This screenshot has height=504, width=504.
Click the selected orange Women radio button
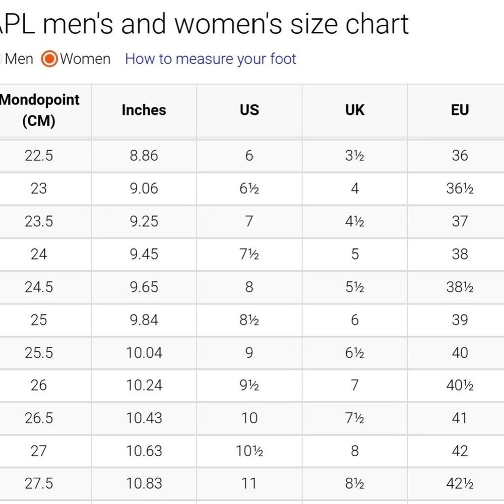[x=49, y=59]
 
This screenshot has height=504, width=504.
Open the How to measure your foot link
[x=211, y=59]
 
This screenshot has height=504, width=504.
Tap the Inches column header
[x=144, y=110]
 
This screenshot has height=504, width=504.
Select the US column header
[x=249, y=110]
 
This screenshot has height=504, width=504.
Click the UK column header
[x=355, y=110]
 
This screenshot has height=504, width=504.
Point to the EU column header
[x=460, y=110]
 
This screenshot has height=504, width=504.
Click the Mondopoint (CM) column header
[x=39, y=110]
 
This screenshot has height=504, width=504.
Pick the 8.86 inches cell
[x=144, y=156]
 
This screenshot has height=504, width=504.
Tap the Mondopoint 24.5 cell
[x=39, y=287]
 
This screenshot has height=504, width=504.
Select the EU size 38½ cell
[x=460, y=287]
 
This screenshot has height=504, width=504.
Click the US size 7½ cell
[x=249, y=254]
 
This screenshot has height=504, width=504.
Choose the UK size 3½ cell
[x=355, y=156]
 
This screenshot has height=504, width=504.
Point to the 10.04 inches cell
[x=144, y=353]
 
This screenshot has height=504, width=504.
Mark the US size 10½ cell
[x=249, y=451]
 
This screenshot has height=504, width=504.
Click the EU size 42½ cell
[x=460, y=484]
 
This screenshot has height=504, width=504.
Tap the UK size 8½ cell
[x=355, y=484]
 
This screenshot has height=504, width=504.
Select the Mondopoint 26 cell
[x=39, y=386]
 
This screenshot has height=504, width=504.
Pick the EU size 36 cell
[x=460, y=156]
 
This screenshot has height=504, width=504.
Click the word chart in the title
[x=377, y=24]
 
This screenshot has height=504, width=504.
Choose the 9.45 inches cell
[x=144, y=254]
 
